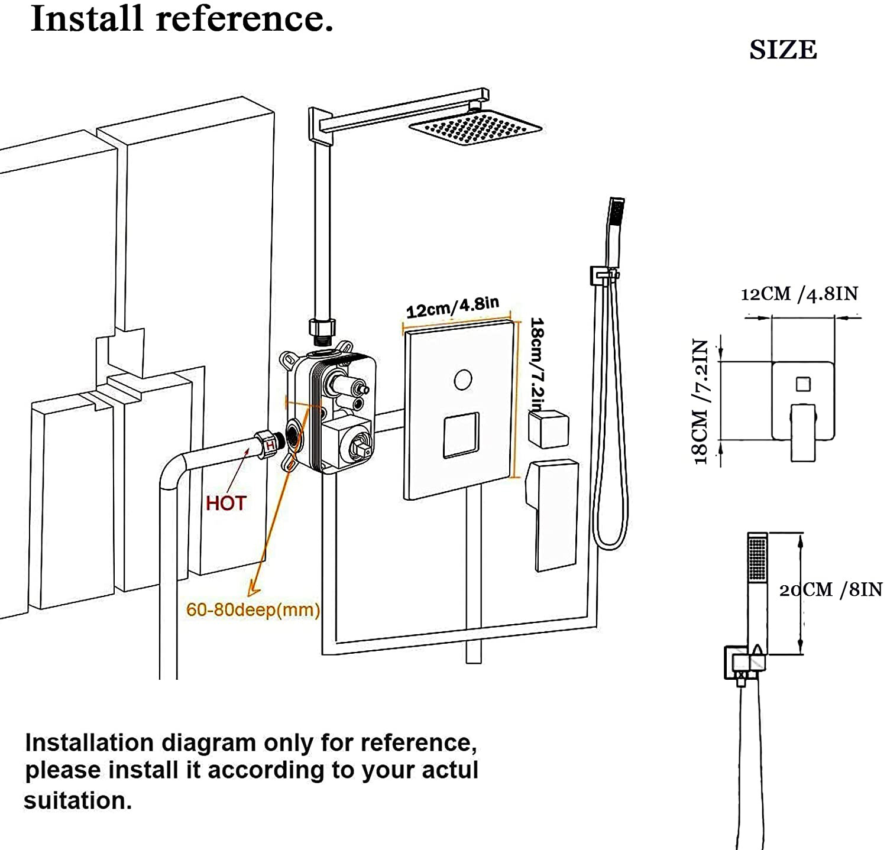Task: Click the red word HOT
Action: click(225, 503)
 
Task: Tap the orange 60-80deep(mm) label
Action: click(252, 609)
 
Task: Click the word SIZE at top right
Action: click(783, 50)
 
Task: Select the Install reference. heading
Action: click(182, 19)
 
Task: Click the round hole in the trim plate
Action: click(463, 379)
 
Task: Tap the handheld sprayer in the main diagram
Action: click(614, 231)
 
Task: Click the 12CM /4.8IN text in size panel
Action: click(799, 294)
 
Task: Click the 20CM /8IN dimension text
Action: click(831, 589)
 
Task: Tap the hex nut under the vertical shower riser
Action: click(322, 328)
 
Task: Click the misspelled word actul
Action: click(450, 770)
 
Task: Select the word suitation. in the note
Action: click(77, 801)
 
